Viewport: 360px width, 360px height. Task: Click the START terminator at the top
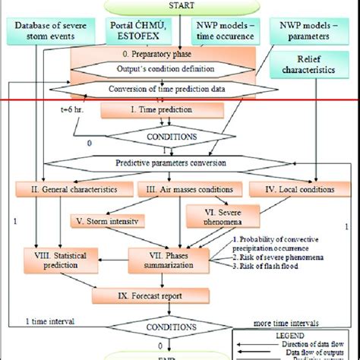pos(180,7)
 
